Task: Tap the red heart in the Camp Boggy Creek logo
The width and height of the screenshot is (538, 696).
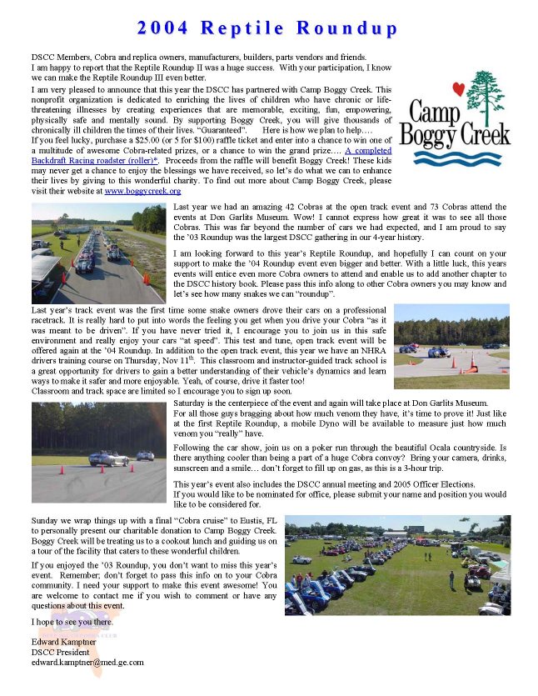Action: pyautogui.click(x=457, y=88)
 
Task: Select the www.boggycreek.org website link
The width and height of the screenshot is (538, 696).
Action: pyautogui.click(x=142, y=192)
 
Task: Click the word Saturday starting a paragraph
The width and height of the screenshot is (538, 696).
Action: pyautogui.click(x=192, y=403)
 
